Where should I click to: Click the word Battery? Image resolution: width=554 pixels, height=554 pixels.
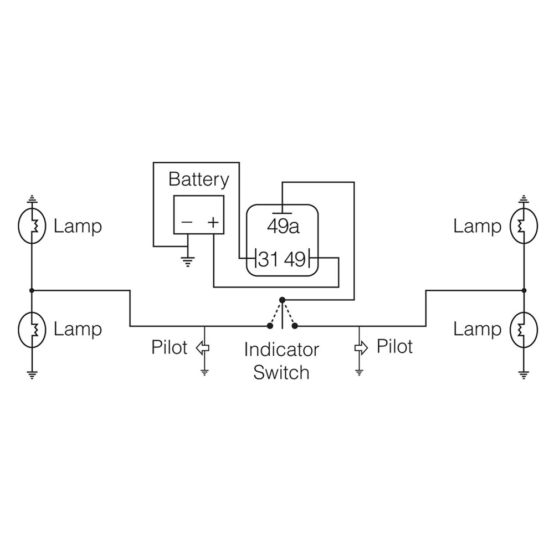(x=198, y=180)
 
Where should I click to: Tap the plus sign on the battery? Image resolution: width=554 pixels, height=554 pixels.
(x=213, y=222)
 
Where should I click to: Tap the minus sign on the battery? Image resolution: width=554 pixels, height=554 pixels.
(x=187, y=222)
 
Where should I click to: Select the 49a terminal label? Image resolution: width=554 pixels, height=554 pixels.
(x=283, y=227)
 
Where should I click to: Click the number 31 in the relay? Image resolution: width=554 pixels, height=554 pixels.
(x=268, y=259)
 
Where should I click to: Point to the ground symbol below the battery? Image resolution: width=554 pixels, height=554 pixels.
(x=188, y=262)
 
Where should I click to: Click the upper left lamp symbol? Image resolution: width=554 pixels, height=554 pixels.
(x=32, y=226)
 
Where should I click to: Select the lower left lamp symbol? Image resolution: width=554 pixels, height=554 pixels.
(x=32, y=330)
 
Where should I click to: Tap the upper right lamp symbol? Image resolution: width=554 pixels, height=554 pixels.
(x=524, y=226)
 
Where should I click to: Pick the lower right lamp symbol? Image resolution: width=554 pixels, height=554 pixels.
(x=524, y=330)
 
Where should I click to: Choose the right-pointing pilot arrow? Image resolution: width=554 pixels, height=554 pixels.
(x=361, y=348)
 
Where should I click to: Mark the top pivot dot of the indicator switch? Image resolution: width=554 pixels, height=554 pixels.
(x=282, y=300)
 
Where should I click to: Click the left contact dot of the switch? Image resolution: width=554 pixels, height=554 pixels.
(x=270, y=326)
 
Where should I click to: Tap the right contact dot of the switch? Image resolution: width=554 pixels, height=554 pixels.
(x=295, y=326)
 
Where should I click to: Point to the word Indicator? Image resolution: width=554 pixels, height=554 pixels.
(x=281, y=350)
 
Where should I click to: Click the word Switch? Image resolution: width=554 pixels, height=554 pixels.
(x=281, y=372)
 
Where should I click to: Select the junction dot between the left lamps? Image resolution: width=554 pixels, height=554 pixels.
(x=32, y=290)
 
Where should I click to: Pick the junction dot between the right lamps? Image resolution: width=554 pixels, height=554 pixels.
(x=524, y=290)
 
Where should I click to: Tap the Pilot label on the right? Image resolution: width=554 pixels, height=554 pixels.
(x=394, y=346)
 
